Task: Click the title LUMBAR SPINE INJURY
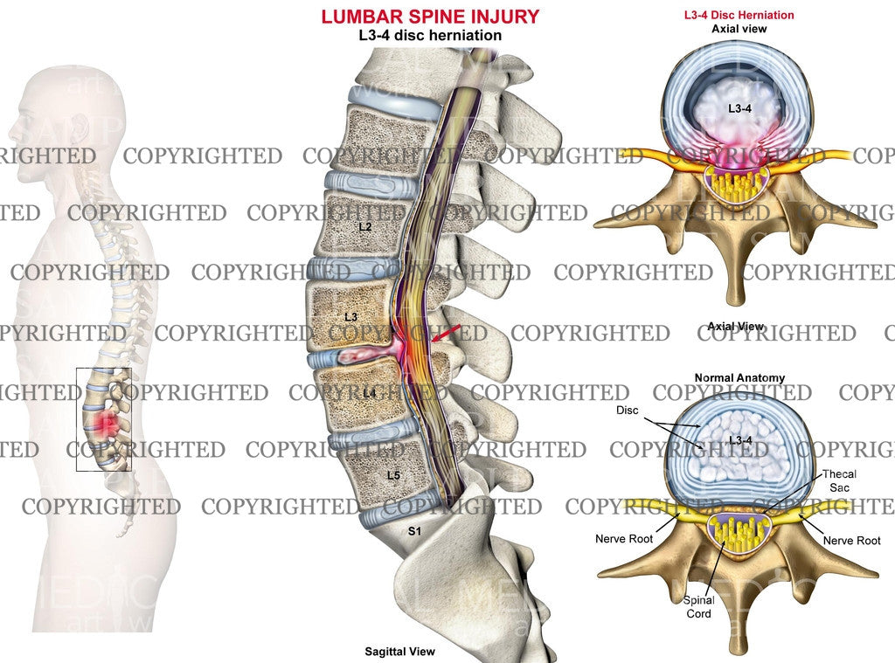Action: pyautogui.click(x=429, y=16)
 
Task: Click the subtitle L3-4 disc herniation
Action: pyautogui.click(x=429, y=36)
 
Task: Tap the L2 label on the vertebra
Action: pyautogui.click(x=365, y=227)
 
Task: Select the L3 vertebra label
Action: pyautogui.click(x=351, y=315)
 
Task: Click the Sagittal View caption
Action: pyautogui.click(x=399, y=652)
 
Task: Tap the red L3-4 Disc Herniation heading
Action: pyautogui.click(x=739, y=15)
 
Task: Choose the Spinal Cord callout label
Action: pyautogui.click(x=699, y=606)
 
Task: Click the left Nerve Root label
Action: pyautogui.click(x=625, y=539)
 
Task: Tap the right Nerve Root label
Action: pyautogui.click(x=852, y=541)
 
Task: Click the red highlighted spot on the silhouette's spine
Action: pyautogui.click(x=105, y=426)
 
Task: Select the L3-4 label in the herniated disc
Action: pyautogui.click(x=739, y=107)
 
